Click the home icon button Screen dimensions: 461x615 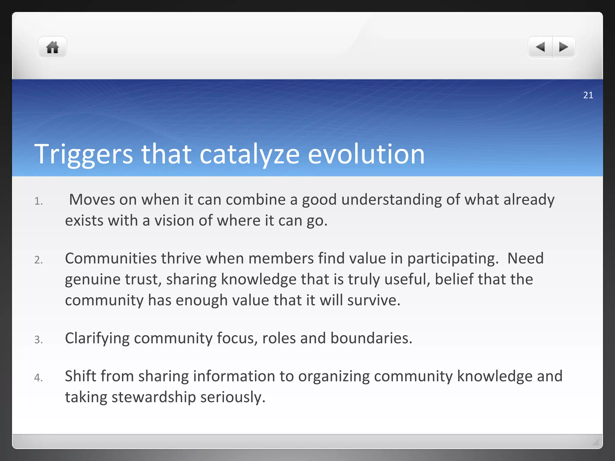(x=52, y=47)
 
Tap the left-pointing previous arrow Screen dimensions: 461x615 (x=541, y=47)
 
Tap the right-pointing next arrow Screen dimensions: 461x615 (x=563, y=47)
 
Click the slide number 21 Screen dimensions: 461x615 (x=588, y=95)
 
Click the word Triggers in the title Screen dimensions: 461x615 (x=83, y=154)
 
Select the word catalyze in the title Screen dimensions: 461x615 (x=249, y=154)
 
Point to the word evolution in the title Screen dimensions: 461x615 (x=366, y=154)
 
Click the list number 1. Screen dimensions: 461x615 (x=38, y=201)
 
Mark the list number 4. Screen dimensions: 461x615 (x=38, y=378)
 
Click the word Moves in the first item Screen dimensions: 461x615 (x=92, y=200)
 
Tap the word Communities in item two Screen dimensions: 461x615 (x=111, y=259)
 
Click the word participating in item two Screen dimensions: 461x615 (x=453, y=259)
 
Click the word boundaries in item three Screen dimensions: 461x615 (x=371, y=339)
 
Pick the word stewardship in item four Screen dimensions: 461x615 (x=153, y=397)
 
